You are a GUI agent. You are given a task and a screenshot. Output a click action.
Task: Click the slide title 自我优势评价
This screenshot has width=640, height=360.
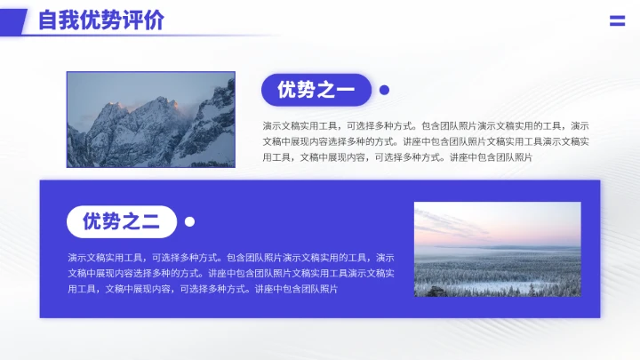[x=100, y=20]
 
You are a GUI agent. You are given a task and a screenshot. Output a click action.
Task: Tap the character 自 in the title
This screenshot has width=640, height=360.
[x=49, y=20]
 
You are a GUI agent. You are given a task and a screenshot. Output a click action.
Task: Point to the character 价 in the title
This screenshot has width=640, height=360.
[x=153, y=20]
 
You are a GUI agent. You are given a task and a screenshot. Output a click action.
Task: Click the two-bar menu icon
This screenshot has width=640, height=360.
[x=617, y=21]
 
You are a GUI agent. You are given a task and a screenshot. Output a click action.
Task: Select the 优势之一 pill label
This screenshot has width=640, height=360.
[x=316, y=90]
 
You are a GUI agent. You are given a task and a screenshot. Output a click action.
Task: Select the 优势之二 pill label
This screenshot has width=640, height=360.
[x=122, y=222]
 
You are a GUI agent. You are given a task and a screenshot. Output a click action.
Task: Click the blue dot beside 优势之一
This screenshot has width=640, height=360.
[x=385, y=90]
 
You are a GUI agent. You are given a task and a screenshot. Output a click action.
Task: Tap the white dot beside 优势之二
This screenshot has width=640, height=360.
[x=189, y=222]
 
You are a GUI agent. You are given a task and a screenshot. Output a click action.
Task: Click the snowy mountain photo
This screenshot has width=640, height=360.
[x=150, y=119]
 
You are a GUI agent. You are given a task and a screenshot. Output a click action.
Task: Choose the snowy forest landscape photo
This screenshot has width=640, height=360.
[x=497, y=250]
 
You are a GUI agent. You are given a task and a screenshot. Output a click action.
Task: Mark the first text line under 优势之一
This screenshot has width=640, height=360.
[x=425, y=126]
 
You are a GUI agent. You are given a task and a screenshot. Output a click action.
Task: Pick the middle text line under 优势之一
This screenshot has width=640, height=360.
[x=425, y=142]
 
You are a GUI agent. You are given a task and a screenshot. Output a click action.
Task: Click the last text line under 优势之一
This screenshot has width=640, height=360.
[x=397, y=157]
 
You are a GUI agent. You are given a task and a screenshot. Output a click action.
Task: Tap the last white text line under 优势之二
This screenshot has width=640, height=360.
[x=203, y=289]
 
